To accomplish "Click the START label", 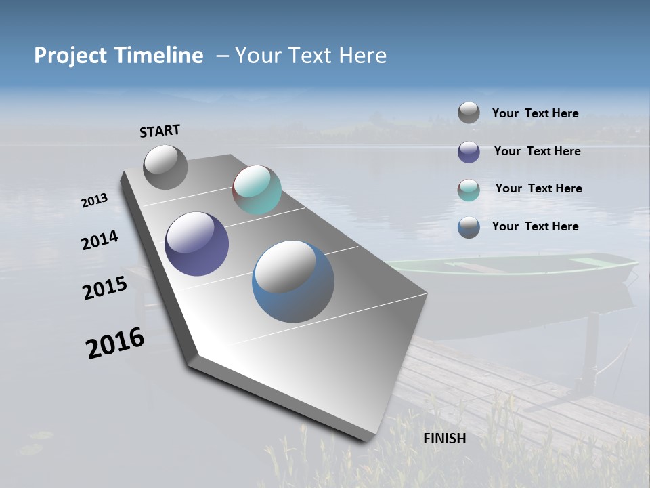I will (x=160, y=131).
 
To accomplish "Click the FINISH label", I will (x=445, y=439).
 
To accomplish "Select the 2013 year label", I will (x=94, y=201).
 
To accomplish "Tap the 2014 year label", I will (x=100, y=241).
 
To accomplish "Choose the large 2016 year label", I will (x=115, y=343).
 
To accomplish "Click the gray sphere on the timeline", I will (x=165, y=167).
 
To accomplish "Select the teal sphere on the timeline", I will (x=257, y=190).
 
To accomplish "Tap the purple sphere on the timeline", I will (x=197, y=244).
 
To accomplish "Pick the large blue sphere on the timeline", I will (x=293, y=281).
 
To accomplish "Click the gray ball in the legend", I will (x=469, y=113).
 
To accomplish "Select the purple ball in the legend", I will (x=469, y=152).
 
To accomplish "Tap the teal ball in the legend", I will (x=469, y=190).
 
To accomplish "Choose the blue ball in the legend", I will (x=469, y=227).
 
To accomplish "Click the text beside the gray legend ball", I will (x=535, y=114).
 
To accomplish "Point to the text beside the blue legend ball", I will (x=535, y=226).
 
